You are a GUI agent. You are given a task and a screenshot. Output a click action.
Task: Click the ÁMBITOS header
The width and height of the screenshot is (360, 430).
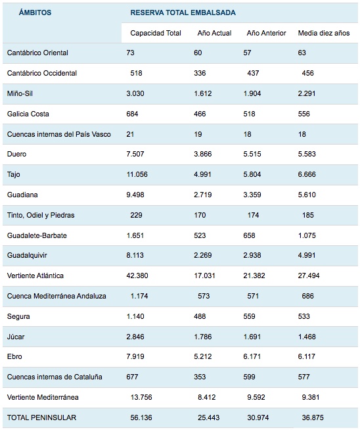click(x=35, y=12)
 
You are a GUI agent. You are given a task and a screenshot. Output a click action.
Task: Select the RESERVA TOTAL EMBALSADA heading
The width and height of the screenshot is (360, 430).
click(x=183, y=12)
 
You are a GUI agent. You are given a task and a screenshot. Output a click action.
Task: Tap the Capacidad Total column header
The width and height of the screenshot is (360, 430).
click(x=156, y=33)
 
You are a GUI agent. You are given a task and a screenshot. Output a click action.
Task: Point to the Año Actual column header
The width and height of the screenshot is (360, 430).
click(x=214, y=33)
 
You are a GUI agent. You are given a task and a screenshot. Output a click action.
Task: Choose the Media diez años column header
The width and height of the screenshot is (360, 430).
click(x=324, y=33)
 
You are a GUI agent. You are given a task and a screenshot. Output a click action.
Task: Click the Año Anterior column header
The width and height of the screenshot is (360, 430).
click(x=266, y=33)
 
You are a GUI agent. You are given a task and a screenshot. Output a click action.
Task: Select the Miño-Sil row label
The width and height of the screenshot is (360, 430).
click(x=20, y=93)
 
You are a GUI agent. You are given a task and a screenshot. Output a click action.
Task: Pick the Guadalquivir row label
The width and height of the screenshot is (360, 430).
click(x=27, y=255)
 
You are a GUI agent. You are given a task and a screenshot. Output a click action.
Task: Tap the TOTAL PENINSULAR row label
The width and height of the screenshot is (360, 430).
click(x=41, y=418)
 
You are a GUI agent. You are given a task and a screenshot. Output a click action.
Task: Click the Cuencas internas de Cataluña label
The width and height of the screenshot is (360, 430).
click(x=55, y=377)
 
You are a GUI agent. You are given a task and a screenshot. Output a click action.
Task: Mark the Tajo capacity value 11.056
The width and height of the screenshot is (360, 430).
click(x=137, y=174)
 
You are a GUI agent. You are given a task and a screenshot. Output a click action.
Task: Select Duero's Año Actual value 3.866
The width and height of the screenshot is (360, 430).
click(x=203, y=154)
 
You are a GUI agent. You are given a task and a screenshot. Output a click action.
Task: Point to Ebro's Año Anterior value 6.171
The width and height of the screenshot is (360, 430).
click(x=252, y=356)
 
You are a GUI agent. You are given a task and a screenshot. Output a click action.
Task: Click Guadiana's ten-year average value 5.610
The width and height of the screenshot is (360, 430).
click(x=307, y=195)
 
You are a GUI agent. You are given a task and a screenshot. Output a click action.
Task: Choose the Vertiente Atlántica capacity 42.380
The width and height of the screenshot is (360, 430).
click(x=137, y=275)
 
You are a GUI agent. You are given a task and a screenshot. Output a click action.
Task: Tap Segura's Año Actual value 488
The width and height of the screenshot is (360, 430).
click(x=200, y=316)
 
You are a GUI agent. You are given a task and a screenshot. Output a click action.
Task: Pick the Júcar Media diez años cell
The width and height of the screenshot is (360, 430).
click(x=307, y=337)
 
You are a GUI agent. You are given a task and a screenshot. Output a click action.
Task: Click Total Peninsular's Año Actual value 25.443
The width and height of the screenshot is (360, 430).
click(x=209, y=418)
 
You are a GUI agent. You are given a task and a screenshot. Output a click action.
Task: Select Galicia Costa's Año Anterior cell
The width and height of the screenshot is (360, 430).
click(x=249, y=114)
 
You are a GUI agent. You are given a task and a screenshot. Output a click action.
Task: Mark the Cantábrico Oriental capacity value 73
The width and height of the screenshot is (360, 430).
click(x=131, y=53)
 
